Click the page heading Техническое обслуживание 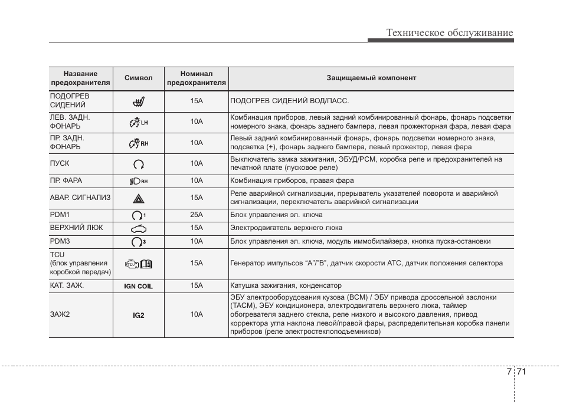[x=450, y=33]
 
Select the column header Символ [x=138, y=78]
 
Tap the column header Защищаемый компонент [x=371, y=78]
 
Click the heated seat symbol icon [x=139, y=101]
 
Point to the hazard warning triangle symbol [x=139, y=198]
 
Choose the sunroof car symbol [x=138, y=228]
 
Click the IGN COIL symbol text [x=138, y=286]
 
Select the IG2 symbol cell [x=138, y=315]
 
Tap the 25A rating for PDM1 [x=196, y=215]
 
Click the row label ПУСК [x=60, y=163]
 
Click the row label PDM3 [x=60, y=241]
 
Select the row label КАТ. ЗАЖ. [x=67, y=285]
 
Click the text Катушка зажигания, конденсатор [x=286, y=285]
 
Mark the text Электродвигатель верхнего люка [x=286, y=228]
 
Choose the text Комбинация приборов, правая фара [x=292, y=180]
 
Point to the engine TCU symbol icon [x=138, y=264]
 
